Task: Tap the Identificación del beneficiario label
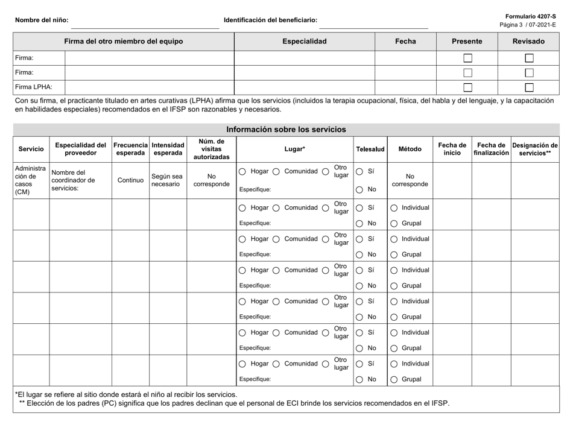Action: pyautogui.click(x=270, y=20)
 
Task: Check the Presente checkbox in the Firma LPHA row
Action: pyautogui.click(x=467, y=87)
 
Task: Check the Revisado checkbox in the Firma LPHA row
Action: pyautogui.click(x=529, y=87)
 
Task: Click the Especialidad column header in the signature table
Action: pyautogui.click(x=305, y=42)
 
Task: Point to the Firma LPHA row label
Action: pyautogui.click(x=34, y=87)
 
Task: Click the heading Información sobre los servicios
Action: pyautogui.click(x=286, y=129)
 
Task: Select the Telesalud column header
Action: pyautogui.click(x=370, y=148)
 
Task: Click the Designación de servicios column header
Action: pyautogui.click(x=535, y=148)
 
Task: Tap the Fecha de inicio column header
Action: pyautogui.click(x=452, y=148)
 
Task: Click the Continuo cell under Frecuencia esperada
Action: pyautogui.click(x=131, y=180)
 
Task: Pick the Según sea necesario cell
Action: pyautogui.click(x=168, y=180)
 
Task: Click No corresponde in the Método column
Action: pyautogui.click(x=410, y=178)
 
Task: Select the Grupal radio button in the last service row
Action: pyautogui.click(x=394, y=380)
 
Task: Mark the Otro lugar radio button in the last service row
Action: pyautogui.click(x=326, y=364)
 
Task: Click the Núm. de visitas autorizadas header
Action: pyautogui.click(x=212, y=148)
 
